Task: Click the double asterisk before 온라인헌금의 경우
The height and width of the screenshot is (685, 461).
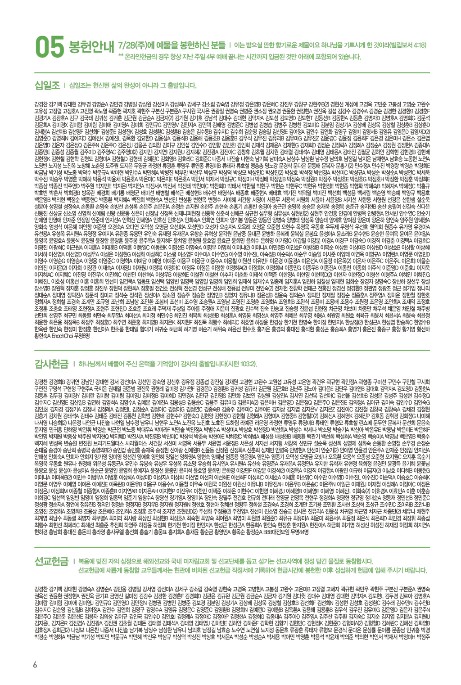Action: [x=121, y=57]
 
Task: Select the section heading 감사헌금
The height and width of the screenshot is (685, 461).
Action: [x=52, y=363]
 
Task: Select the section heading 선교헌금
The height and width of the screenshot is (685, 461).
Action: [x=52, y=561]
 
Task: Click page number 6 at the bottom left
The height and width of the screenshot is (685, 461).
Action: [x=35, y=665]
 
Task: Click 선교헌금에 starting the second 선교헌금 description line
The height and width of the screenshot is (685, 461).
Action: [x=89, y=570]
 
